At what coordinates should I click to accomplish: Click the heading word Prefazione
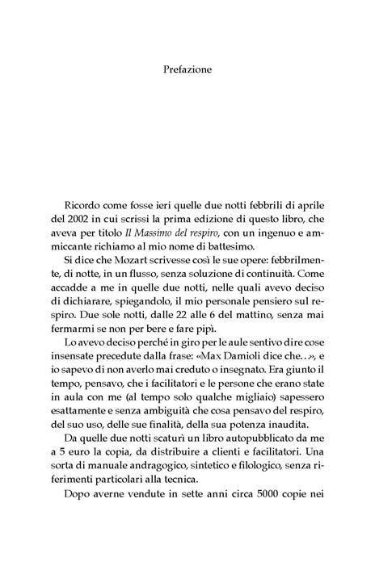[x=187, y=69]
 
